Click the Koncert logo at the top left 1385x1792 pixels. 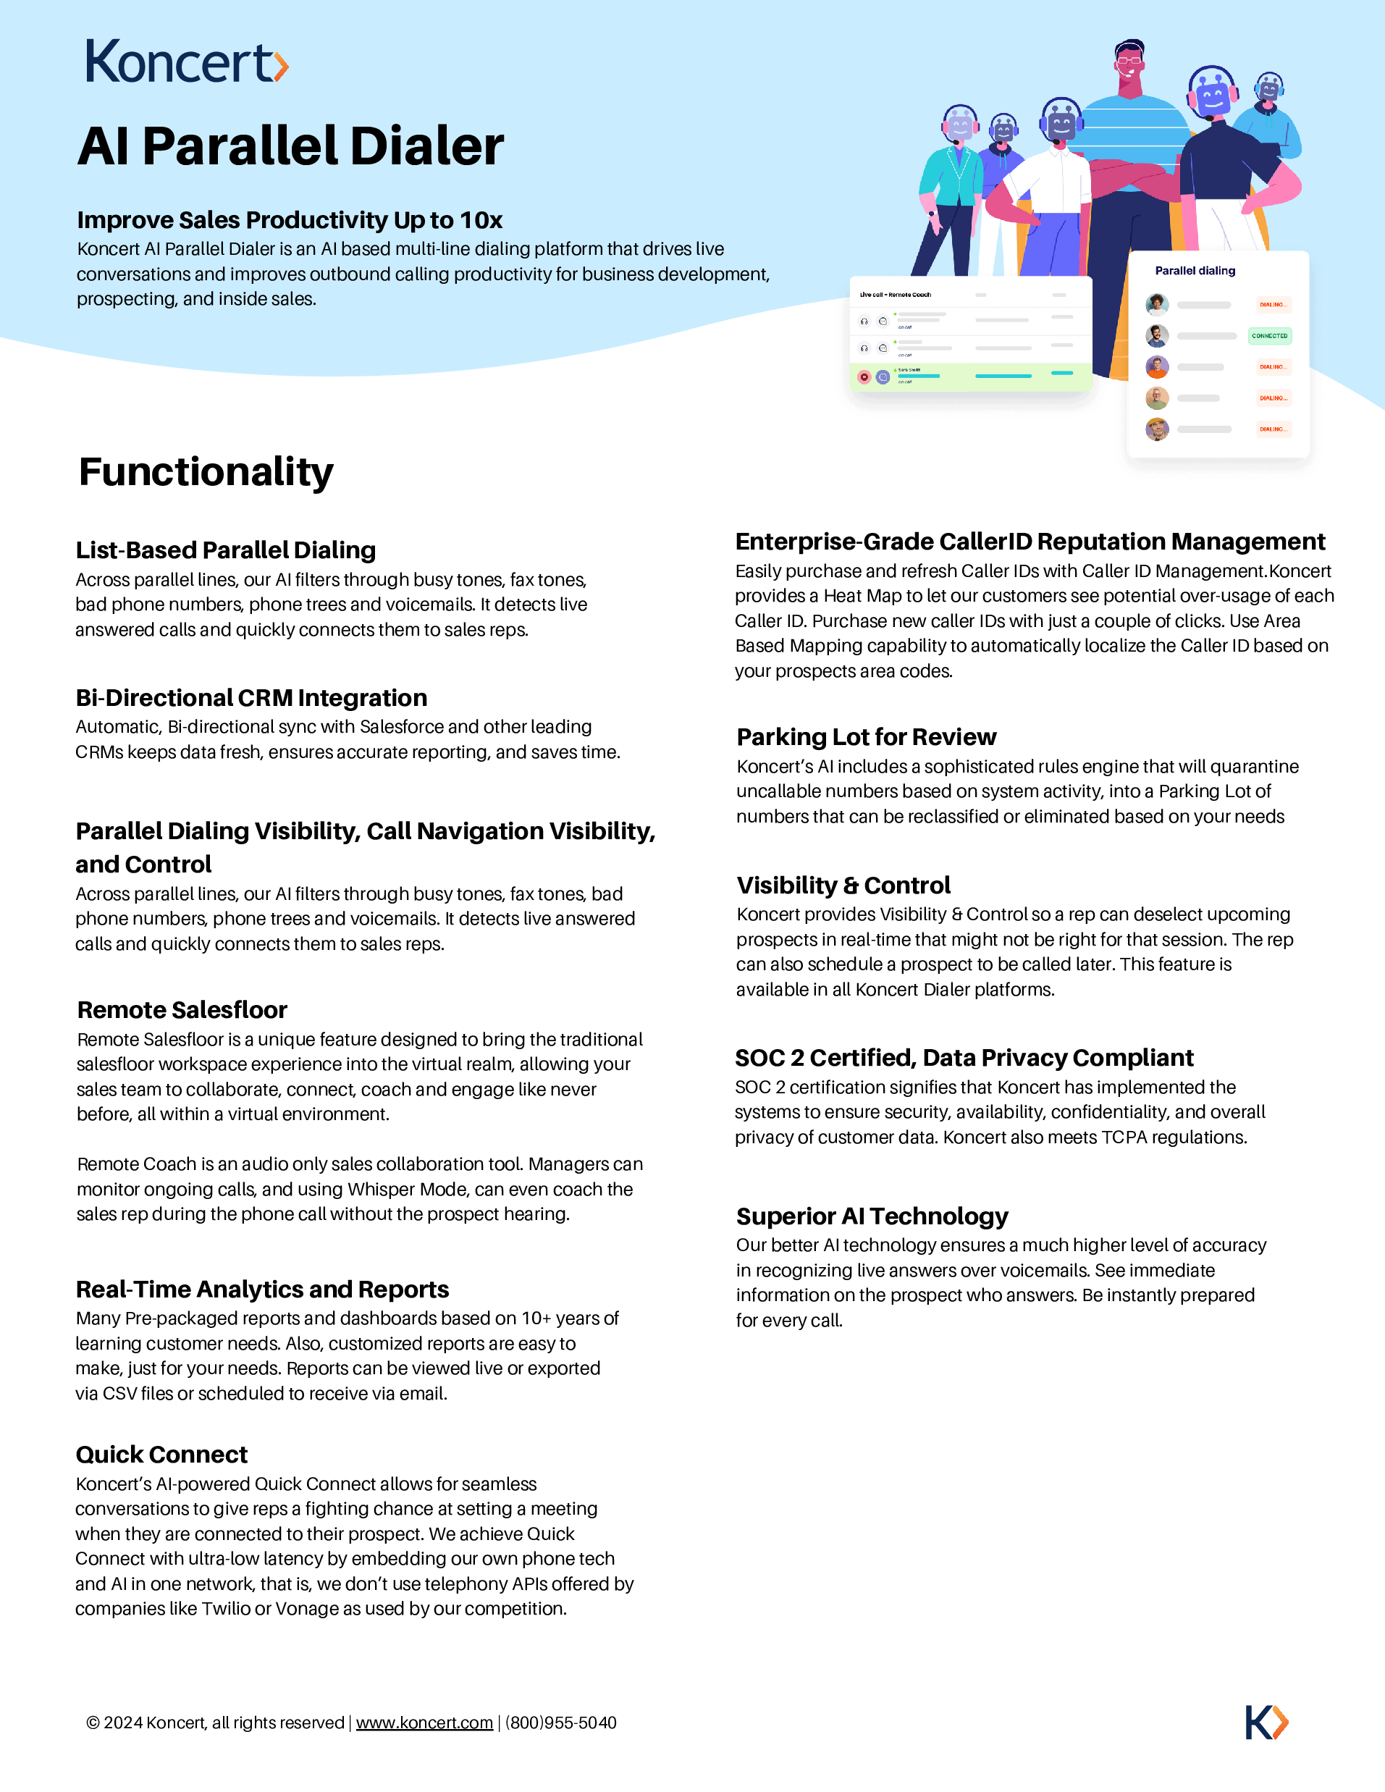point(186,62)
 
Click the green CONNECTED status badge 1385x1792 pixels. point(1269,335)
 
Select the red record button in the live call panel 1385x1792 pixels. point(864,377)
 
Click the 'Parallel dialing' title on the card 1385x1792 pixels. point(1195,271)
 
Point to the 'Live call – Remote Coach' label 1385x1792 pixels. point(895,295)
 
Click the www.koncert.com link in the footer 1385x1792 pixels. point(424,1722)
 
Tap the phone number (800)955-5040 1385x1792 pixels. point(561,1722)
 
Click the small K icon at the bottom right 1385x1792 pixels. point(1266,1722)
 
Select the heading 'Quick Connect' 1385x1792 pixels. point(161,1455)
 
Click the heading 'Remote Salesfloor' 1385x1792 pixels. point(182,1010)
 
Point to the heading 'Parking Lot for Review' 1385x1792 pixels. point(867,737)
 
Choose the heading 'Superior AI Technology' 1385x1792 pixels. point(872,1216)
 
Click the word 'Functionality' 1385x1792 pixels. point(206,472)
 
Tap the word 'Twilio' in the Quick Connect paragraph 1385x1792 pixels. point(226,1608)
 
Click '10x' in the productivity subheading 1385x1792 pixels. point(481,220)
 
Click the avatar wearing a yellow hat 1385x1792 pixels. point(1157,429)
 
